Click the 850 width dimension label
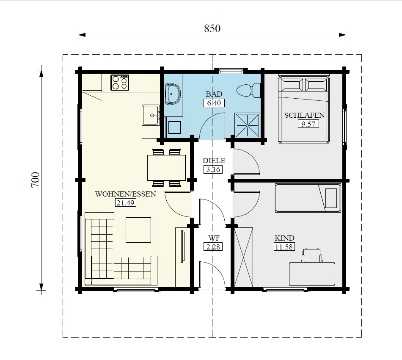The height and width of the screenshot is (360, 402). point(212,28)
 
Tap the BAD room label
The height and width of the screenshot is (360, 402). point(214,94)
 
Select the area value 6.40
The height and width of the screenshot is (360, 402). point(214,102)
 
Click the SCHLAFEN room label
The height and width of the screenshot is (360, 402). point(304,115)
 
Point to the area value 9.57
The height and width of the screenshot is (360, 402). point(308,124)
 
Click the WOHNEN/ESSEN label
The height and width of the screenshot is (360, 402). point(126,194)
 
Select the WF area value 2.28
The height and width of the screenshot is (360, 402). point(214,246)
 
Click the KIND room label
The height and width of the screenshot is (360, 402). point(284,238)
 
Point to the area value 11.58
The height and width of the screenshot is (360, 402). point(284,247)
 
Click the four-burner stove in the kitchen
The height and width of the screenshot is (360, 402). point(120,83)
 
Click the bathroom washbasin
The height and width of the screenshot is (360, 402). point(173,94)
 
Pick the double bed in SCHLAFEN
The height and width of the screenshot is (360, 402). point(303,110)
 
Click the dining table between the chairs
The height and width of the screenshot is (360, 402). point(166,168)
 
